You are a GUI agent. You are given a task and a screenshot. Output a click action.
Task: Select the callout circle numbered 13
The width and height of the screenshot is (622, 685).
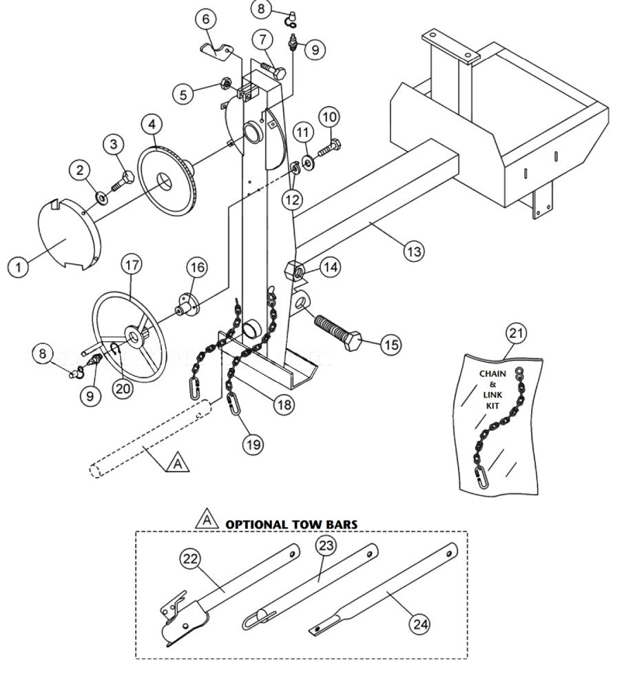[413, 252]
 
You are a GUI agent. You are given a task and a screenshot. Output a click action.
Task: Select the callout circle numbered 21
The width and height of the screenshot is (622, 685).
[517, 334]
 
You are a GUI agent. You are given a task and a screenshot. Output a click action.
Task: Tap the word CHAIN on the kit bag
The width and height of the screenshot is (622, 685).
[493, 374]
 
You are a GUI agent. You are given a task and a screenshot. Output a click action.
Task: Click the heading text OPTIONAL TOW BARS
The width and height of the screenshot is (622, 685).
[291, 524]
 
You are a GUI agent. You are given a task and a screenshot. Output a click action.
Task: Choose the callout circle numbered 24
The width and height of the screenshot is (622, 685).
[419, 624]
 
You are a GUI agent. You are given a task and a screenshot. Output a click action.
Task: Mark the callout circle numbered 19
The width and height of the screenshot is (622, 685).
[253, 444]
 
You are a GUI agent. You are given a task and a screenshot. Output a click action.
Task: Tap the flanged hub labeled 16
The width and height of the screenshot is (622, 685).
[187, 305]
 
